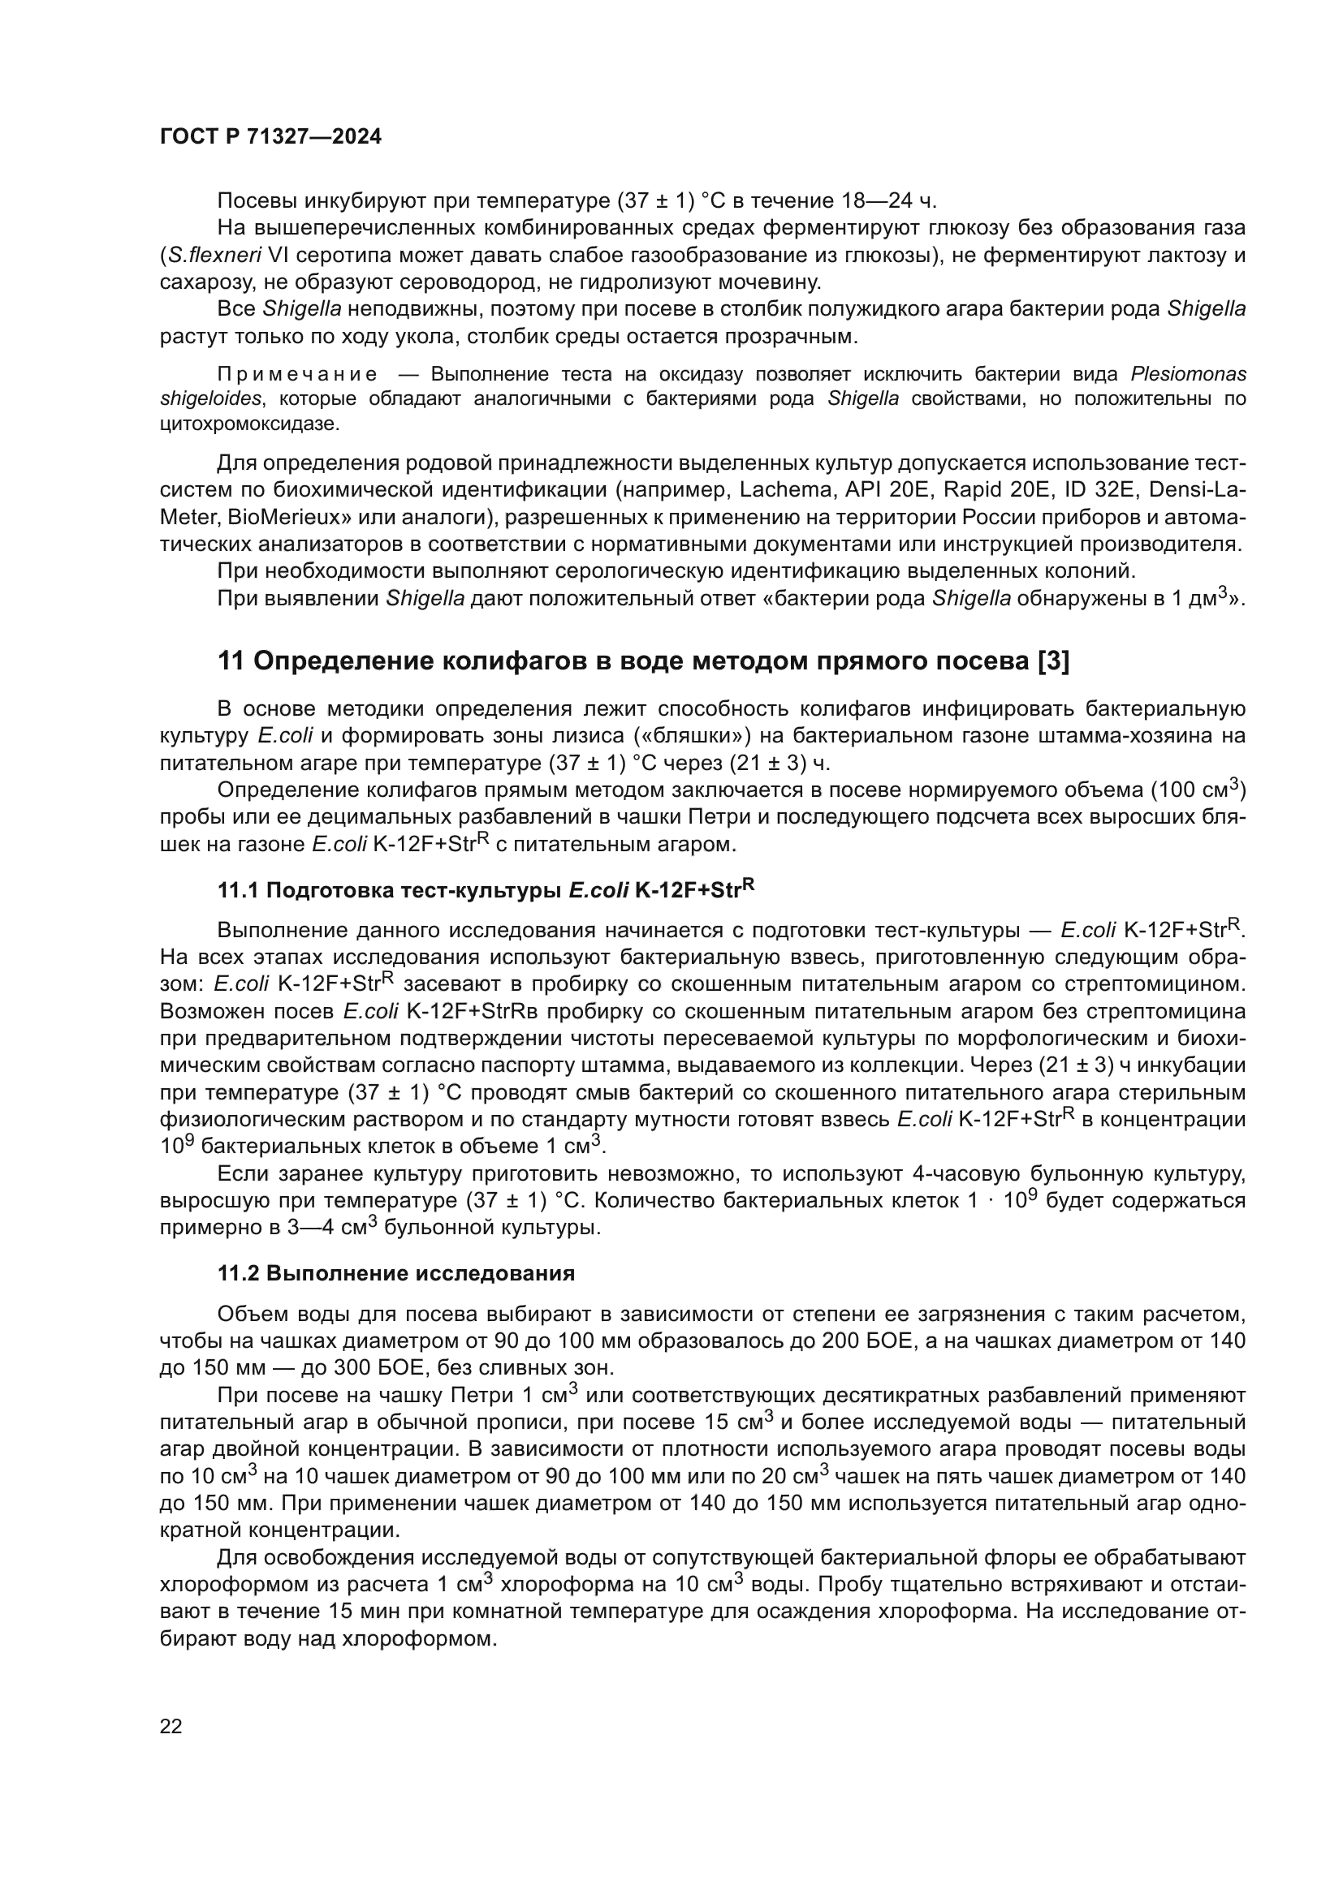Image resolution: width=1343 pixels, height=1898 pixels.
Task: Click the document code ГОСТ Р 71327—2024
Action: pos(270,137)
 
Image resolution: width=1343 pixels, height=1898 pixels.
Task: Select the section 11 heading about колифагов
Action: pos(642,661)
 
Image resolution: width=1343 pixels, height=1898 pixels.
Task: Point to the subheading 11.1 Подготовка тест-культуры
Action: pos(486,890)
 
